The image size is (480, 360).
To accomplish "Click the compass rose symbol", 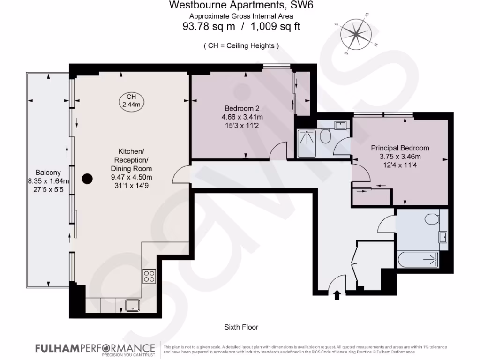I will point(357,36).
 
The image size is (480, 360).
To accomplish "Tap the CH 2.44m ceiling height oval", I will point(131,101).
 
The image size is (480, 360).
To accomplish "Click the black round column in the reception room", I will point(87,179).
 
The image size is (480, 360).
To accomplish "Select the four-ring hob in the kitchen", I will point(150,277).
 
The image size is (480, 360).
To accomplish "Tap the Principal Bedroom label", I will point(400,148).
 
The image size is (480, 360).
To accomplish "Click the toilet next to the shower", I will point(326,137).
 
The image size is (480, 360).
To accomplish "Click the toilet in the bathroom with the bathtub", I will point(432,218).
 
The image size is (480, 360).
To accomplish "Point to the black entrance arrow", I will point(336,295).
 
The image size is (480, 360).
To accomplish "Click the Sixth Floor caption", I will point(241,327).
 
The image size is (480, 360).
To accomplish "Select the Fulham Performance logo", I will point(95,349).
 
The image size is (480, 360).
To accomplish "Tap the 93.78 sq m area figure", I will point(209,27).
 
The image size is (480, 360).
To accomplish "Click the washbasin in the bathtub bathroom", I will point(443,237).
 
